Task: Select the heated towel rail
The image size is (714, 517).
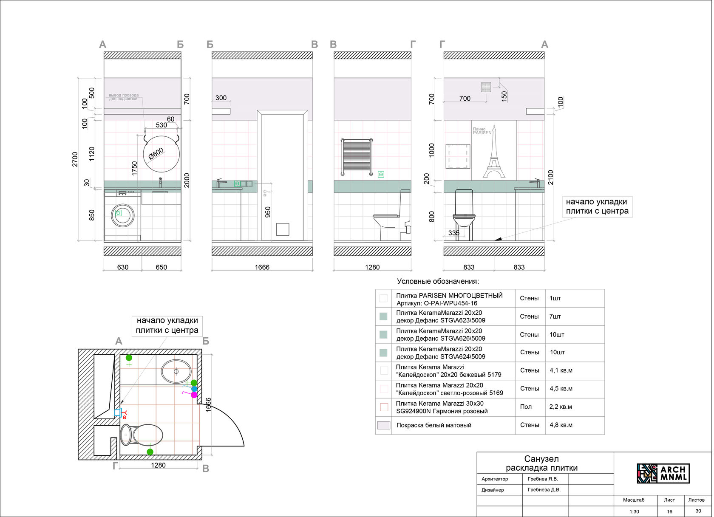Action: (x=357, y=157)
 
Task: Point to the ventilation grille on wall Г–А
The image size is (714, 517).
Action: (x=486, y=87)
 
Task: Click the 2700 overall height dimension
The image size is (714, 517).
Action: (x=75, y=159)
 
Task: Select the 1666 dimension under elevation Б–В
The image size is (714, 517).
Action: (x=262, y=267)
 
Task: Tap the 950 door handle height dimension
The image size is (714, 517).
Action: (x=268, y=212)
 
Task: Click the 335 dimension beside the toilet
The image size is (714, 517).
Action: (x=454, y=233)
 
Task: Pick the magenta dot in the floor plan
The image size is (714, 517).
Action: (x=194, y=395)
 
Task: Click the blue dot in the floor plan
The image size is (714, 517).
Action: (x=194, y=389)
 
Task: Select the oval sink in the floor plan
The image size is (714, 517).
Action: (x=176, y=371)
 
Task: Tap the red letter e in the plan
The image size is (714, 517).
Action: (x=125, y=417)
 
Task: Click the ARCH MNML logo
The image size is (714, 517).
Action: (x=663, y=473)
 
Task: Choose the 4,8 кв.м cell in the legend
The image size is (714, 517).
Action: (x=561, y=425)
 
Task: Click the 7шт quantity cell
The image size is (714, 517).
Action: (x=555, y=316)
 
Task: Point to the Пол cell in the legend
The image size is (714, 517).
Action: (x=526, y=407)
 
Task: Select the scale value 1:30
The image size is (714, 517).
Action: (x=634, y=511)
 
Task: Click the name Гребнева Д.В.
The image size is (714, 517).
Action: (x=544, y=490)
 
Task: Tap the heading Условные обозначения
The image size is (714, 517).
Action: (x=438, y=281)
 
